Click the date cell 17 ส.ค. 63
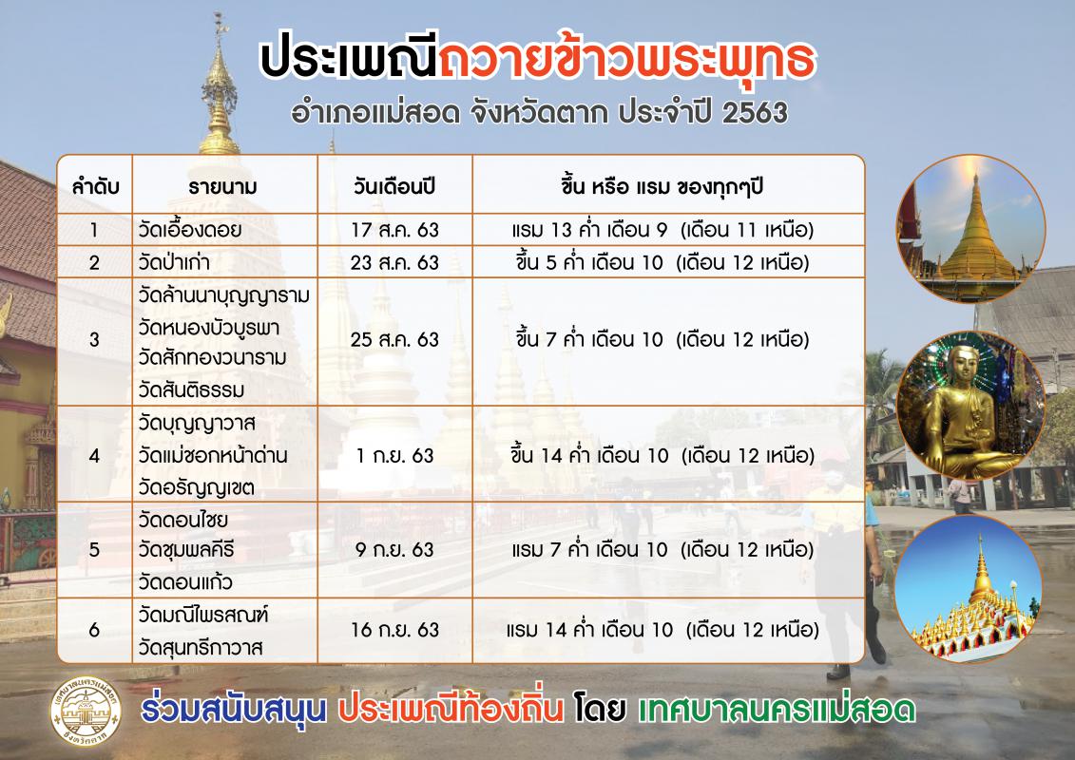tap(394, 230)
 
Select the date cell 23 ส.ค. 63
tap(394, 262)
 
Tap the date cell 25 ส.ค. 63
tap(394, 339)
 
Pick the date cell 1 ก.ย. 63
tap(394, 456)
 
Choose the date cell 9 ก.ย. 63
tap(394, 550)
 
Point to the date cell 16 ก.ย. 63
tap(394, 630)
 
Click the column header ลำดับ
tap(95, 186)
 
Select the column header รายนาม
tap(222, 187)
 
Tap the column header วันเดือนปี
tap(394, 186)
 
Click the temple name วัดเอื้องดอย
tap(190, 230)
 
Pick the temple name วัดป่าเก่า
tap(174, 262)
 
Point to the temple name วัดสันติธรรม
tap(191, 389)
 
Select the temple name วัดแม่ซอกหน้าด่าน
tap(213, 455)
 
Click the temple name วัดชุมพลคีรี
tap(186, 550)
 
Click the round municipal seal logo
tap(85, 711)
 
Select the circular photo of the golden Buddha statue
tap(970, 406)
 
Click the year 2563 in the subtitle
tap(755, 113)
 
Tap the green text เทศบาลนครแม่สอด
tap(777, 710)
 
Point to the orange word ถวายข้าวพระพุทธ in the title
tap(626, 60)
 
